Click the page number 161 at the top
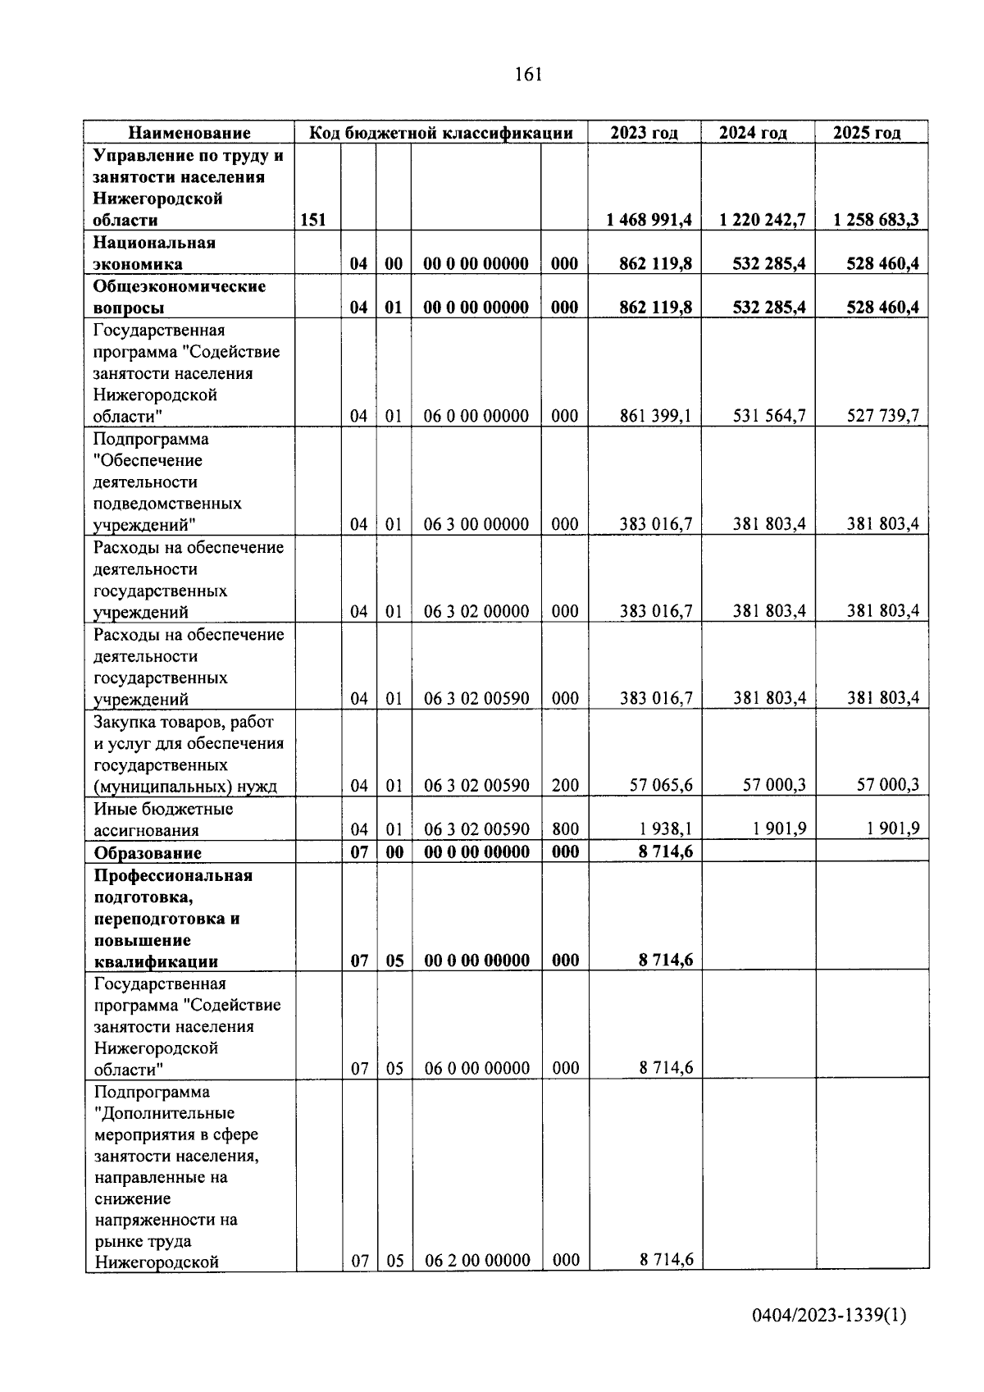pyautogui.click(x=528, y=75)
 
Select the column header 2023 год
pyautogui.click(x=644, y=133)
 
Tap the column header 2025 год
pyautogui.click(x=867, y=133)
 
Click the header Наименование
pyautogui.click(x=189, y=133)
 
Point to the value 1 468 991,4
pyautogui.click(x=649, y=220)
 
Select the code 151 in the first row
pyautogui.click(x=313, y=220)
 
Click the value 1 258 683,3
pyautogui.click(x=876, y=220)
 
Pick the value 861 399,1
pyautogui.click(x=655, y=416)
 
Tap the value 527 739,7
pyautogui.click(x=882, y=416)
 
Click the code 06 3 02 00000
pyautogui.click(x=476, y=611)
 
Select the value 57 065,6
pyautogui.click(x=660, y=786)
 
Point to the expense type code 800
pyautogui.click(x=565, y=829)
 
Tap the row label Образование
pyautogui.click(x=148, y=852)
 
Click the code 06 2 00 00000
pyautogui.click(x=476, y=1260)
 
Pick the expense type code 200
pyautogui.click(x=565, y=786)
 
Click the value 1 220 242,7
pyautogui.click(x=762, y=220)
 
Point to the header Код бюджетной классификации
pyautogui.click(x=440, y=133)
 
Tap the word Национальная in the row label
pyautogui.click(x=154, y=243)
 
